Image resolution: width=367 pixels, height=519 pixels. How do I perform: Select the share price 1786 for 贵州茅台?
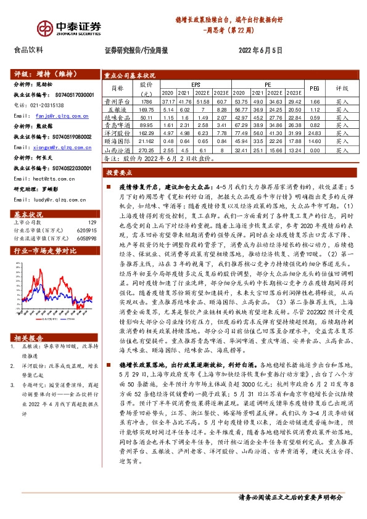pos(146,100)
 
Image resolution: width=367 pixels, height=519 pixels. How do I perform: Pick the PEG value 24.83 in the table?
pos(314,133)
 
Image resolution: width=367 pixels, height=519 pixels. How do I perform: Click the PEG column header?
pos(314,88)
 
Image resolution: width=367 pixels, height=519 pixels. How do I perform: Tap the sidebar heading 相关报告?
pos(29,337)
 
